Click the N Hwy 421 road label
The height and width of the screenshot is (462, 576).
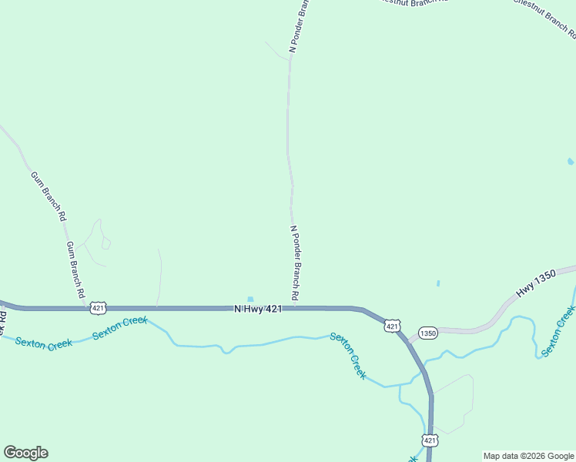pyautogui.click(x=258, y=309)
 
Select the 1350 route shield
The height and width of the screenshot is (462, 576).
pyautogui.click(x=428, y=333)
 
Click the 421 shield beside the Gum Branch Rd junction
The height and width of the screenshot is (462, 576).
pyautogui.click(x=98, y=308)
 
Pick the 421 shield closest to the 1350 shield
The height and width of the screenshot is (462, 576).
pyautogui.click(x=393, y=326)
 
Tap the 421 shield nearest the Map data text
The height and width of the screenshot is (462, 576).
pyautogui.click(x=430, y=440)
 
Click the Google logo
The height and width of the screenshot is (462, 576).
pyautogui.click(x=25, y=453)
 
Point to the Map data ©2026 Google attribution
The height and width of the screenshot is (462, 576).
pyautogui.click(x=528, y=456)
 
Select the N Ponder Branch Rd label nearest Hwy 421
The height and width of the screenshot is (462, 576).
pyautogui.click(x=294, y=263)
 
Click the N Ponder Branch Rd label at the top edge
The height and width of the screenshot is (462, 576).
pyautogui.click(x=299, y=27)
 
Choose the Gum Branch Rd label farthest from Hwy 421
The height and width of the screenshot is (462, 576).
pyautogui.click(x=48, y=196)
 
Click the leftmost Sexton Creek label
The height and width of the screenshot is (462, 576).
pyautogui.click(x=43, y=343)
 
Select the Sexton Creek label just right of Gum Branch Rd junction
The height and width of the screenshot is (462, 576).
pyautogui.click(x=120, y=327)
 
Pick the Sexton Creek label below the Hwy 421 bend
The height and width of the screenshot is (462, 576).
pyautogui.click(x=348, y=355)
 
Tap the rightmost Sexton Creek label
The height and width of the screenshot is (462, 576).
pyautogui.click(x=558, y=331)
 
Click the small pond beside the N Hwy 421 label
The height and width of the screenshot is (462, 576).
pyautogui.click(x=249, y=300)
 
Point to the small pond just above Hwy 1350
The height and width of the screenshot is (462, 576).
pyautogui.click(x=438, y=283)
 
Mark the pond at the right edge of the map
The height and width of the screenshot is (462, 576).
pyautogui.click(x=570, y=162)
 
